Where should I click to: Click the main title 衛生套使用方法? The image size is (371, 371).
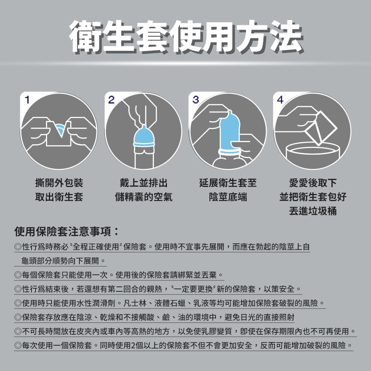click(185, 36)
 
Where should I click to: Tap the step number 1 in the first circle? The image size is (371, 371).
click(27, 99)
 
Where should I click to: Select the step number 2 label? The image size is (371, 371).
click(111, 99)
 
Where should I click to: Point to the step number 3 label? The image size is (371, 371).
click(195, 99)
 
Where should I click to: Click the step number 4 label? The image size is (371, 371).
click(280, 100)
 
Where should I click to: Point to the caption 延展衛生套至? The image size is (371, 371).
click(228, 183)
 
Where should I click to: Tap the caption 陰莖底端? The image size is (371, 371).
click(228, 197)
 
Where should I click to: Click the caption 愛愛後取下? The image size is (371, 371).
click(313, 183)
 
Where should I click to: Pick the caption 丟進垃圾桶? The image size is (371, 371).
click(313, 211)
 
